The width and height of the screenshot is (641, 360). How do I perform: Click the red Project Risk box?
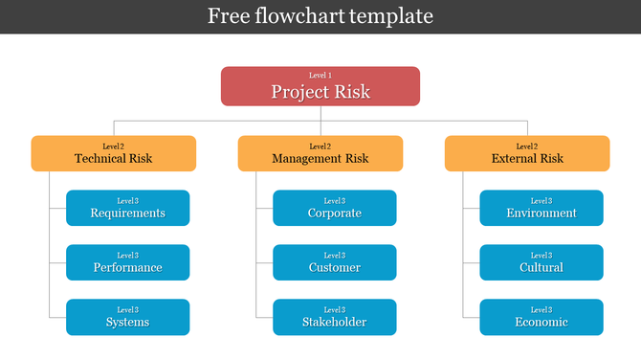pos(320,86)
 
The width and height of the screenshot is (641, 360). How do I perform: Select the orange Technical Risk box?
pos(114,153)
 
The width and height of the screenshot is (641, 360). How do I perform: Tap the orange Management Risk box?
pos(320,153)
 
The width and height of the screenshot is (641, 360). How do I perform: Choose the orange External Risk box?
pos(527,153)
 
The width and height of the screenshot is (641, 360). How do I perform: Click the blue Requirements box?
pos(128,208)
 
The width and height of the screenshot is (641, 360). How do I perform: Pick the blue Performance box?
pos(128,262)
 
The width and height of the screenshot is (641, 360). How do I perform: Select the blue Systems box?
pos(128,317)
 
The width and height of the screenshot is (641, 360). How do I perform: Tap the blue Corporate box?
pos(335,208)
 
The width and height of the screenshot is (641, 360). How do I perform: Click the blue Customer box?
pos(335,262)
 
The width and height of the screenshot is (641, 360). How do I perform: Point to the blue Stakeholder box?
pos(335,317)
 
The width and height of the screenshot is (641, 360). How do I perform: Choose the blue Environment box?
pos(542,208)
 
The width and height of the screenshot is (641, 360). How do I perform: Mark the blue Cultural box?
pos(542,262)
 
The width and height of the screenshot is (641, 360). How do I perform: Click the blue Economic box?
pos(542,317)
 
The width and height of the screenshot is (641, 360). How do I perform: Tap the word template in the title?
pos(391,16)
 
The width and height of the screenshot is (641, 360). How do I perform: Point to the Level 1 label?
pos(320,75)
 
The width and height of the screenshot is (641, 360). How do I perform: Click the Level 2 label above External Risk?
pos(527,146)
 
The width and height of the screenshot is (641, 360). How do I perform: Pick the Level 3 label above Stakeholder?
pos(335,310)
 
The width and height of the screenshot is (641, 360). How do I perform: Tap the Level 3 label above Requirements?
pos(128,201)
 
